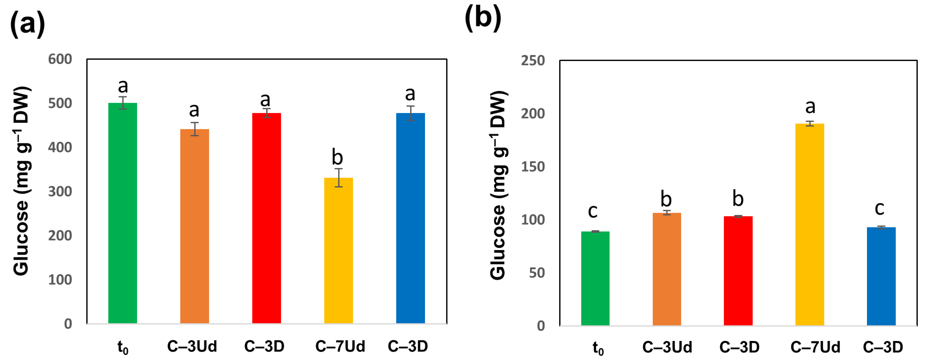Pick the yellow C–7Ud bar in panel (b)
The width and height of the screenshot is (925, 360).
pyautogui.click(x=809, y=224)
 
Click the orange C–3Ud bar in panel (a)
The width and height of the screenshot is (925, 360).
pyautogui.click(x=194, y=226)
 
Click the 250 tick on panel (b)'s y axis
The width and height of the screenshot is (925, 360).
pyautogui.click(x=533, y=61)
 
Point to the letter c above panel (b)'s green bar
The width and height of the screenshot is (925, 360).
pyautogui.click(x=593, y=211)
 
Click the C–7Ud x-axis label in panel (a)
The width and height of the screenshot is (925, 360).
pyautogui.click(x=340, y=346)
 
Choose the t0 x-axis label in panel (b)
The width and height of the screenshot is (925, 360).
pyautogui.click(x=598, y=348)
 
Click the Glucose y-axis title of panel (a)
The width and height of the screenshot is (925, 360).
pyautogui.click(x=22, y=181)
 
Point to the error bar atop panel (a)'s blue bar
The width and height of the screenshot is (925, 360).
pyautogui.click(x=410, y=113)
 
